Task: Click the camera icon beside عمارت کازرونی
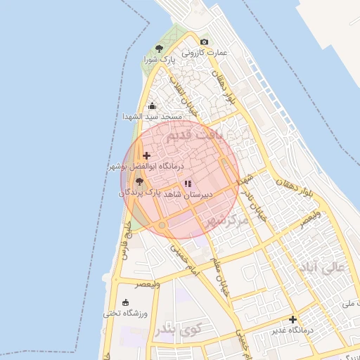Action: point(204,42)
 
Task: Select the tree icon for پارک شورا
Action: point(160,49)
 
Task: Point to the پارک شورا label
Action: point(159,60)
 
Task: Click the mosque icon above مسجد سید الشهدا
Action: point(152,105)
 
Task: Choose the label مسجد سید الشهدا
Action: point(152,116)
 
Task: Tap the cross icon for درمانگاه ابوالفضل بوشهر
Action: point(146,155)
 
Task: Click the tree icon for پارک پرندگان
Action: point(139,181)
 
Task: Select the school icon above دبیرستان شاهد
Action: point(187,184)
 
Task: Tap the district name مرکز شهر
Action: point(225,221)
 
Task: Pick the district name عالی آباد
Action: point(323,268)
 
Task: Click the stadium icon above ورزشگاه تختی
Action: point(125,303)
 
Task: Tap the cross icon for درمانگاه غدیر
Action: point(293,319)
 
